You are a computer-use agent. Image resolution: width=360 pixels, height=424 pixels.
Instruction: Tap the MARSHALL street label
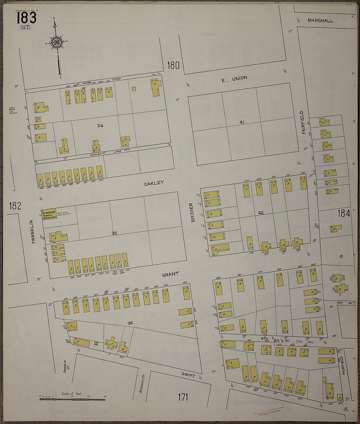coord(320,20)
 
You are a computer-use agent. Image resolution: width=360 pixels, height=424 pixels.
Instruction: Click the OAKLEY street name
coord(154,183)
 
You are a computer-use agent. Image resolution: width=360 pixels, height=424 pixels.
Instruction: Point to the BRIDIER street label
coord(192,212)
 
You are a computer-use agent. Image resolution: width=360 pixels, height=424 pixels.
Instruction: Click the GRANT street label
coord(171,274)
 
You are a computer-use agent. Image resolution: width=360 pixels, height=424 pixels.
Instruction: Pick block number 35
coord(114,233)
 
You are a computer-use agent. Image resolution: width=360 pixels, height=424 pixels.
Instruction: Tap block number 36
coord(130,323)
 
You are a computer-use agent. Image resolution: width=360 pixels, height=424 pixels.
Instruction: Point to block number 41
coord(242,122)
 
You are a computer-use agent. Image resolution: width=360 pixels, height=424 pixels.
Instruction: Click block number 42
coord(261,213)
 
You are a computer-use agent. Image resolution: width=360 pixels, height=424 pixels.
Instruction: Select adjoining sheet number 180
coord(173,65)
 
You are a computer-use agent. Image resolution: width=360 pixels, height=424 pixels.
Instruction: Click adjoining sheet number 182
coord(15,206)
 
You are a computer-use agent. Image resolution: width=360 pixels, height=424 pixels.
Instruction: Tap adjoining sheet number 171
coord(183,397)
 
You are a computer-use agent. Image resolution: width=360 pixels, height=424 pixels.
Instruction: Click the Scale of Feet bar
coord(73,399)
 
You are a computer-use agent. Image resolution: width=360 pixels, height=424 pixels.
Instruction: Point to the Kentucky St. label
coord(142,383)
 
